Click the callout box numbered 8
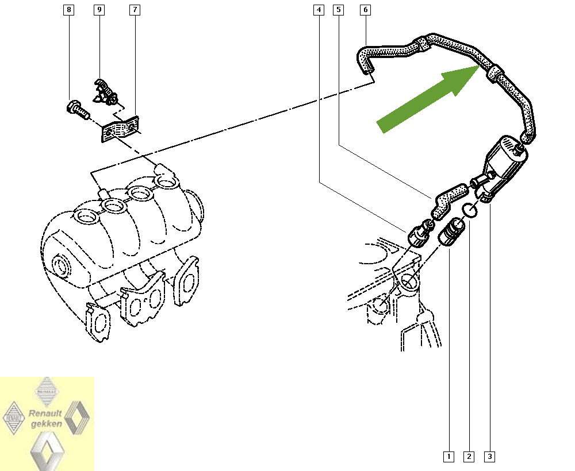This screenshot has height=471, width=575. coord(68,10)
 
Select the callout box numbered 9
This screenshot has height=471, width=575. coord(99,10)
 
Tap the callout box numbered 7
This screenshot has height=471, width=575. coord(135,10)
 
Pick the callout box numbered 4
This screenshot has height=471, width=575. coord(319,10)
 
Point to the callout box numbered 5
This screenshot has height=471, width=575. coord(339,10)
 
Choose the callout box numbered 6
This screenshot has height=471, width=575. coord(365,10)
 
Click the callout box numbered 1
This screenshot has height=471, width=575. coord(448,457)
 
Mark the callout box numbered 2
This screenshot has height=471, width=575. coord(469,457)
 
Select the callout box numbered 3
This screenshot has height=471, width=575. coord(489,457)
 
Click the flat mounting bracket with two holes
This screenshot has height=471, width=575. coord(120,129)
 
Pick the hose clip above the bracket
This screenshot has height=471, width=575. coord(106,91)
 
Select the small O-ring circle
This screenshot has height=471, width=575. coord(469,210)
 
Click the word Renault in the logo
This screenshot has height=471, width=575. coord(45,413)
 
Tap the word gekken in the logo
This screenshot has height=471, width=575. coord(47,424)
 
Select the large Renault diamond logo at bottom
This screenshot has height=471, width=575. coord(47,451)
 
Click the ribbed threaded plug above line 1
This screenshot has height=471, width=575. coord(452,232)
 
